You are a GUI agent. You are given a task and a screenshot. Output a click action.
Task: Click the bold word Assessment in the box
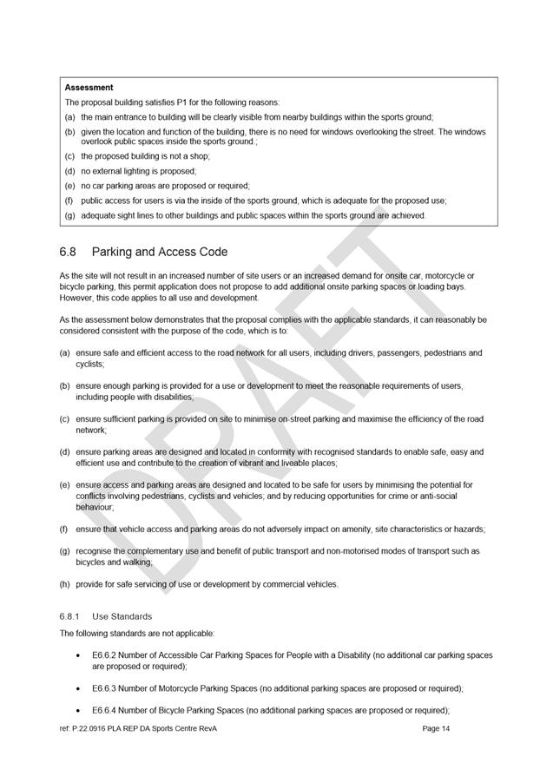[89, 88]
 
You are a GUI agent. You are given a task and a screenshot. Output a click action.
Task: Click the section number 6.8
[68, 253]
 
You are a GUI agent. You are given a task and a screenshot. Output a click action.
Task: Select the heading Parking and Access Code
[160, 253]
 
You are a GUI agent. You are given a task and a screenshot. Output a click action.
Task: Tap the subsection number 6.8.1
[69, 616]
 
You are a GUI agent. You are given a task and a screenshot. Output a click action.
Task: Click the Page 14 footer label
[436, 728]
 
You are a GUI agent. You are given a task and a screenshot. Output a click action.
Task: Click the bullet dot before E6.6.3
[81, 688]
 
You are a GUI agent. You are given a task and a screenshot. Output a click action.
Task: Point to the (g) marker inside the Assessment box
[70, 215]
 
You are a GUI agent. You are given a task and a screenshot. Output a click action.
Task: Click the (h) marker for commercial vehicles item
[65, 584]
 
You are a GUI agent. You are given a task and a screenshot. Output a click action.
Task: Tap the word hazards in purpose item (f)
[464, 529]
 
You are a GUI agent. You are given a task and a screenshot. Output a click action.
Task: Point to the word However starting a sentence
[78, 298]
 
